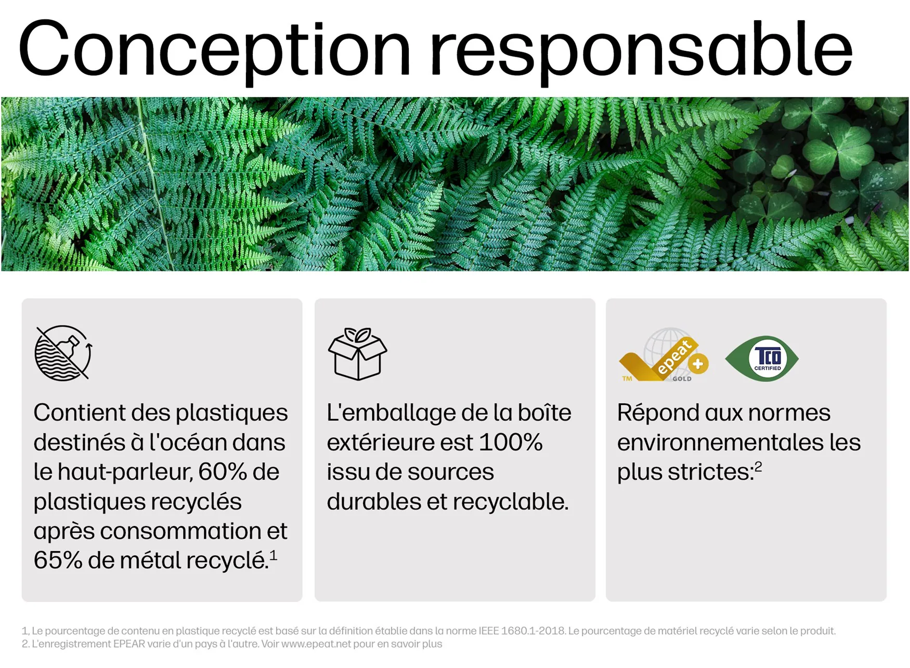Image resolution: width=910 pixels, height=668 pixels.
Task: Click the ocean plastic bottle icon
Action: coord(63,353)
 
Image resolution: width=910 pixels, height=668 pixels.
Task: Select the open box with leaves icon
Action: coord(357,353)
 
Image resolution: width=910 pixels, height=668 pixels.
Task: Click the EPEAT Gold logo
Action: coord(664,355)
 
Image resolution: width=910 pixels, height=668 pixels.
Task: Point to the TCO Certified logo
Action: coord(762,359)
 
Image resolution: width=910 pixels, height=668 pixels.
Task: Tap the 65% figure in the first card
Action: coord(58,560)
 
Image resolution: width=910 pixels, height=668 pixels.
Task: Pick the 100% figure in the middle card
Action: coord(510,442)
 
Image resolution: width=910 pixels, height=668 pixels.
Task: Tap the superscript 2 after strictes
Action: coord(758,466)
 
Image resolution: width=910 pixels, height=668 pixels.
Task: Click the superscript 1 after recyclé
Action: coord(274,555)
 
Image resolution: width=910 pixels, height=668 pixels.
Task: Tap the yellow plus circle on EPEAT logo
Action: coord(698,364)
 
